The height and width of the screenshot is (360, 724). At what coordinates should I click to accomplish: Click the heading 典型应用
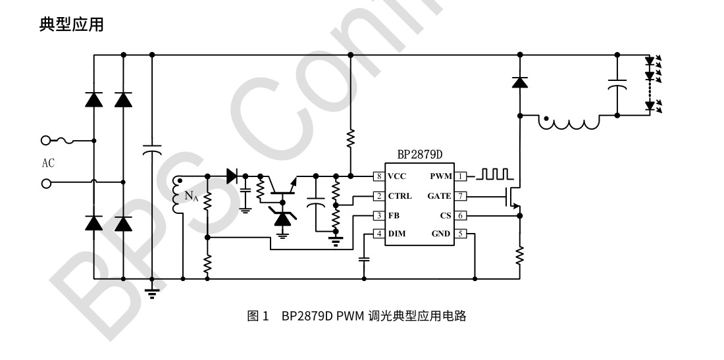[71, 25]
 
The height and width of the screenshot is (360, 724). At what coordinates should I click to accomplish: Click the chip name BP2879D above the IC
[420, 155]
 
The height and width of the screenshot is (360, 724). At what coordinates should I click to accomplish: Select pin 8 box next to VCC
[378, 176]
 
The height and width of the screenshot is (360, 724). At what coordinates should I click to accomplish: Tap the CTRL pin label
[400, 196]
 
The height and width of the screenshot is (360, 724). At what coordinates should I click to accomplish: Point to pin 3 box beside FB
[378, 215]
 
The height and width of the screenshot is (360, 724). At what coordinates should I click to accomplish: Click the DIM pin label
[397, 234]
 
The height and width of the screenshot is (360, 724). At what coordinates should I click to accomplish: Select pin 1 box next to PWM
[461, 176]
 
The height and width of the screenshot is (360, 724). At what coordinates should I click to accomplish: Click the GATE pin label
[439, 196]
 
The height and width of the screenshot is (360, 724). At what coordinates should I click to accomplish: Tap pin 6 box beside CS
[461, 215]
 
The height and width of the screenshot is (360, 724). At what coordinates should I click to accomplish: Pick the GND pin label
[441, 234]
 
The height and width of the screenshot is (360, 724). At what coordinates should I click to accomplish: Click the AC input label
[48, 164]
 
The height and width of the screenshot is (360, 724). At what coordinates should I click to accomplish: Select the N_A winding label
[191, 195]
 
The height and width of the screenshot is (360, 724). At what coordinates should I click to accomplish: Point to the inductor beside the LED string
[570, 122]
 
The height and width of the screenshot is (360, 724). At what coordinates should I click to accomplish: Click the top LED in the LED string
[650, 62]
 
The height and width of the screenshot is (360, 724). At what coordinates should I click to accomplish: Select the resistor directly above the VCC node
[350, 138]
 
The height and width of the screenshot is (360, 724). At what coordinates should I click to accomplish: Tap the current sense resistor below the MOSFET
[519, 253]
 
